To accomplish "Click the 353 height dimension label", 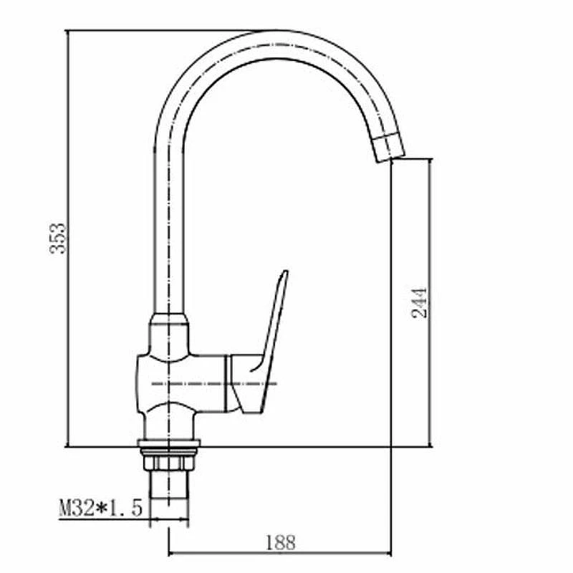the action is pyautogui.click(x=58, y=239).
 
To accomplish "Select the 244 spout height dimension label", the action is pyautogui.click(x=419, y=303).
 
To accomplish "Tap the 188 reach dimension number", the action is pyautogui.click(x=280, y=543).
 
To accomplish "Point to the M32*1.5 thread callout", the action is pyautogui.click(x=100, y=507).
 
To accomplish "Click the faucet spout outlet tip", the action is pyautogui.click(x=391, y=158).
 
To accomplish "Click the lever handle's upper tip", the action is pyautogui.click(x=285, y=272).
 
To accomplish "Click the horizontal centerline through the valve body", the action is pyautogui.click(x=214, y=384).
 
